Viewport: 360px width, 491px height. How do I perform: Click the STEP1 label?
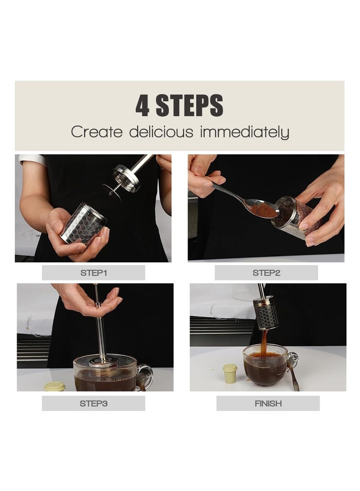point(93,273)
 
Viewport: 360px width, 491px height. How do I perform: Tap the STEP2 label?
point(266,273)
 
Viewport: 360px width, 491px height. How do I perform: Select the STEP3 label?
point(93,403)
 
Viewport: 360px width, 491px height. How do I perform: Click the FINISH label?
point(268,403)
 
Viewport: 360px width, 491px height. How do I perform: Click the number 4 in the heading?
point(143,106)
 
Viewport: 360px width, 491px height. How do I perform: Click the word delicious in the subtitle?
point(161,132)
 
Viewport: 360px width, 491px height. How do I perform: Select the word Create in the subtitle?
point(96,132)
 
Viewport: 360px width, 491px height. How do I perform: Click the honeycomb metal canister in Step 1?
point(84,224)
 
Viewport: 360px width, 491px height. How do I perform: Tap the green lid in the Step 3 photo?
point(54,386)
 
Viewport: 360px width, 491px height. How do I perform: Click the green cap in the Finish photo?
point(230,373)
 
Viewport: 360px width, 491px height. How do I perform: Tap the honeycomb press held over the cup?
point(266,312)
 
